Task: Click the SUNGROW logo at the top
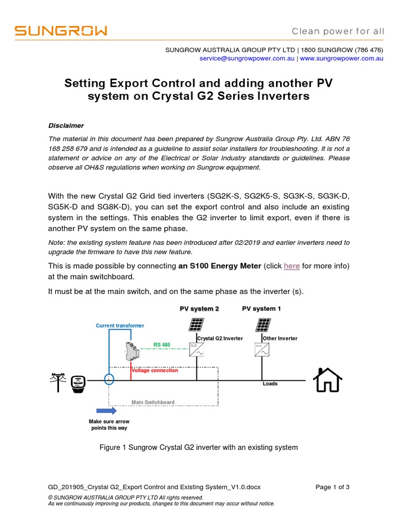[x=61, y=31]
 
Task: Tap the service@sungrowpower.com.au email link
[x=247, y=59]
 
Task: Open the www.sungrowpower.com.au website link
[x=341, y=59]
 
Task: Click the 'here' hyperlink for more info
[x=292, y=266]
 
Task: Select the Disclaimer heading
[x=66, y=126]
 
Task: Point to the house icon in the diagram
[x=328, y=380]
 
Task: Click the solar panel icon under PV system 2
[x=196, y=325]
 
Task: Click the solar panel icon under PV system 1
[x=263, y=325]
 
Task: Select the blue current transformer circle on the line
[x=109, y=380]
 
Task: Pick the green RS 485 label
[x=162, y=345]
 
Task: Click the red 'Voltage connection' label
[x=155, y=370]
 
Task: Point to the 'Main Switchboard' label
[x=153, y=402]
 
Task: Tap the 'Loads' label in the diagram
[x=270, y=384]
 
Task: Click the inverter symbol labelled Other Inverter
[x=261, y=350]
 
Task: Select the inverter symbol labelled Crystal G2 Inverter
[x=195, y=350]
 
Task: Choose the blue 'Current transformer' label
[x=120, y=325]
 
